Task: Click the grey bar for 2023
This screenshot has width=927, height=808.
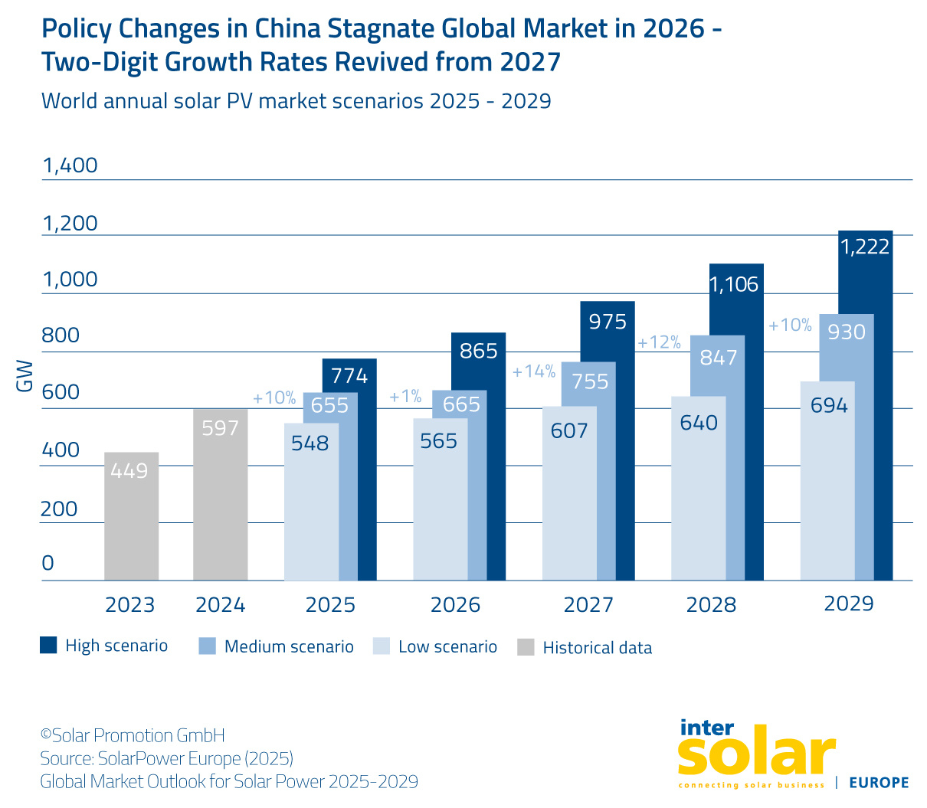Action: pyautogui.click(x=131, y=516)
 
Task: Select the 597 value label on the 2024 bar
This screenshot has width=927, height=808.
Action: pyautogui.click(x=221, y=428)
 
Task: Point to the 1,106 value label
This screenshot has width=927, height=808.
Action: pyautogui.click(x=734, y=285)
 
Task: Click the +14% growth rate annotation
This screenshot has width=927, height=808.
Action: pyautogui.click(x=534, y=371)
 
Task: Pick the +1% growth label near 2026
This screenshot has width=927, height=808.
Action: pyautogui.click(x=405, y=397)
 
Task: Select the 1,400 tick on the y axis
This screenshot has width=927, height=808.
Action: pyautogui.click(x=70, y=165)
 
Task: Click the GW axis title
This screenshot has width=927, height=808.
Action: pyautogui.click(x=25, y=375)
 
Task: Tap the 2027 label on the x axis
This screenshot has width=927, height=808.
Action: pyautogui.click(x=588, y=605)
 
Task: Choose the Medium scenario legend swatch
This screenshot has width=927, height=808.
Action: pyautogui.click(x=207, y=646)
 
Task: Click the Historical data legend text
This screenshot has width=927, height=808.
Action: pyautogui.click(x=597, y=648)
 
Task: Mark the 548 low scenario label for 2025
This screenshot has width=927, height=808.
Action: pyautogui.click(x=310, y=443)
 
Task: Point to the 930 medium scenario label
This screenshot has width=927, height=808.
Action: pyautogui.click(x=847, y=332)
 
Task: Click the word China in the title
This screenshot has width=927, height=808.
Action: pyautogui.click(x=287, y=28)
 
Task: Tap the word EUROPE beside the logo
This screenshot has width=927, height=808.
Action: pyautogui.click(x=879, y=783)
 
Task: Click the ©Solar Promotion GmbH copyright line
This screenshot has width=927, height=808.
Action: pyautogui.click(x=133, y=736)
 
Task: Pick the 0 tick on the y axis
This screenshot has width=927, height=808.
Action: pyautogui.click(x=47, y=564)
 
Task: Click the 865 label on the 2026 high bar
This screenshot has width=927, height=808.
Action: pyautogui.click(x=479, y=351)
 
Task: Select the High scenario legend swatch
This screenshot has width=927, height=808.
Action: pyautogui.click(x=48, y=646)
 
